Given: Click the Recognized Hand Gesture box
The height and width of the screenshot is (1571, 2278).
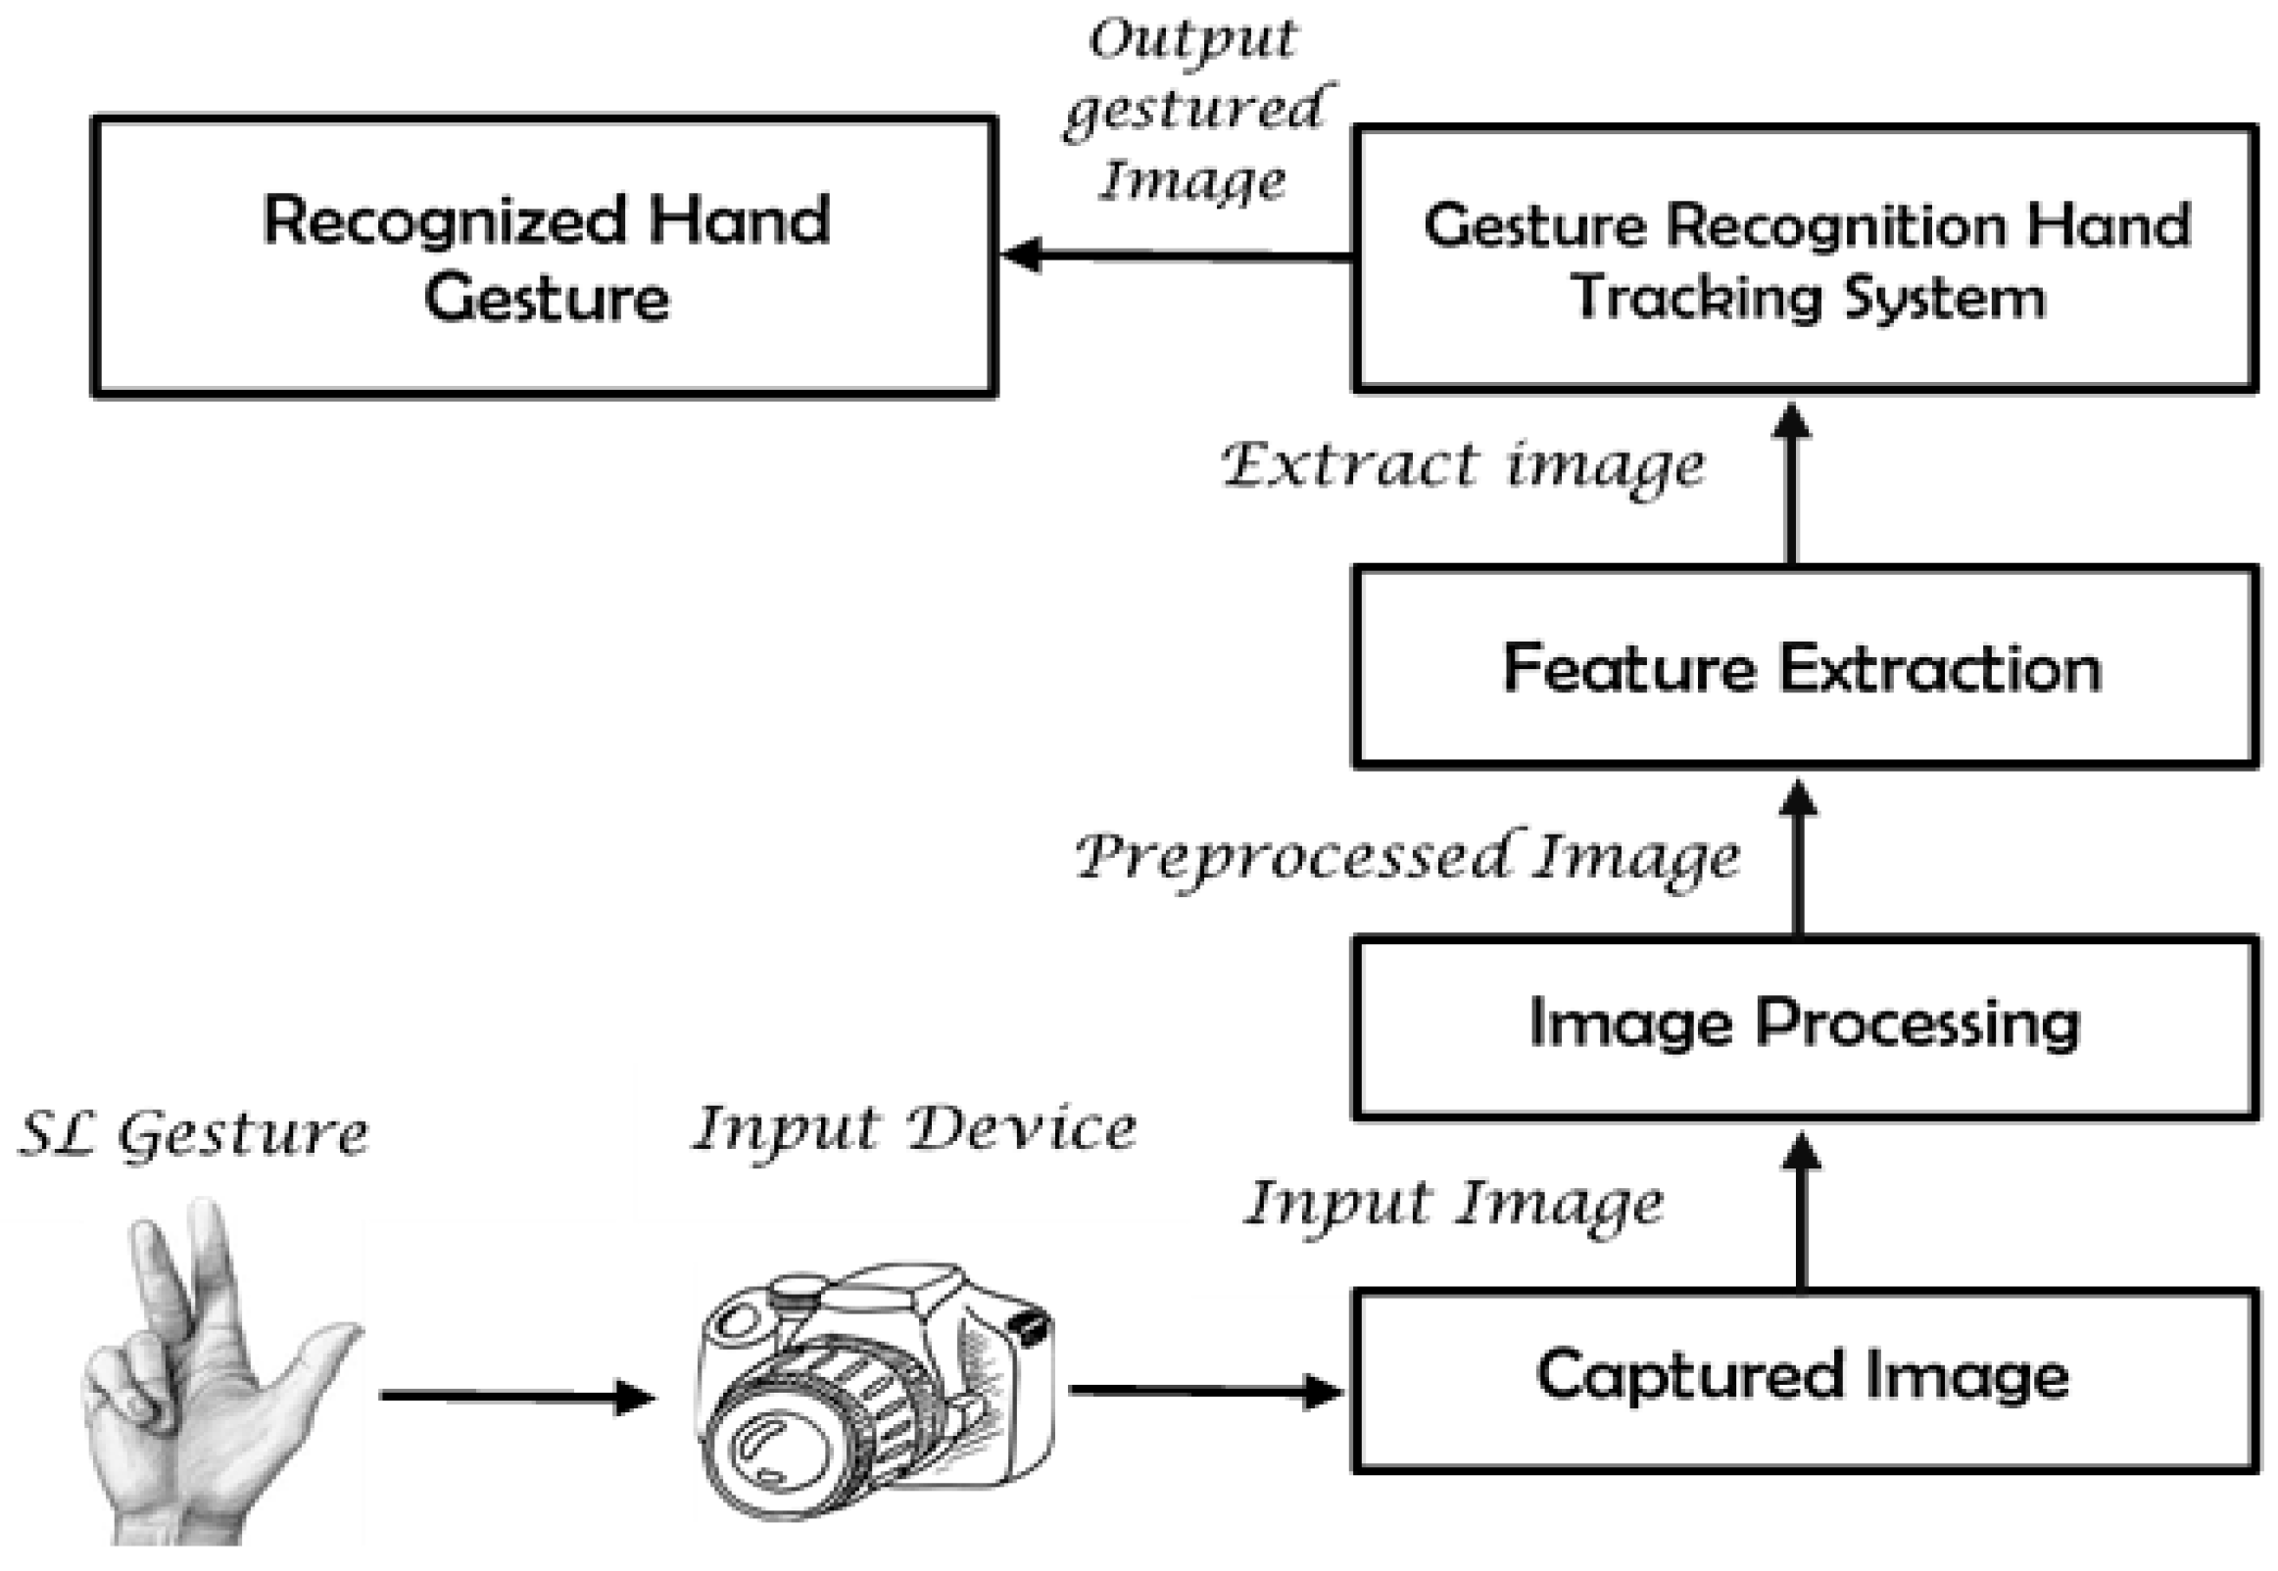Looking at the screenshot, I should (544, 257).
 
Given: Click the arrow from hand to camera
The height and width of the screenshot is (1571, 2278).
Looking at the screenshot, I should (516, 1396).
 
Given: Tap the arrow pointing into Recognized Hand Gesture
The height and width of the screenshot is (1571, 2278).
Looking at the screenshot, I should (1177, 255).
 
